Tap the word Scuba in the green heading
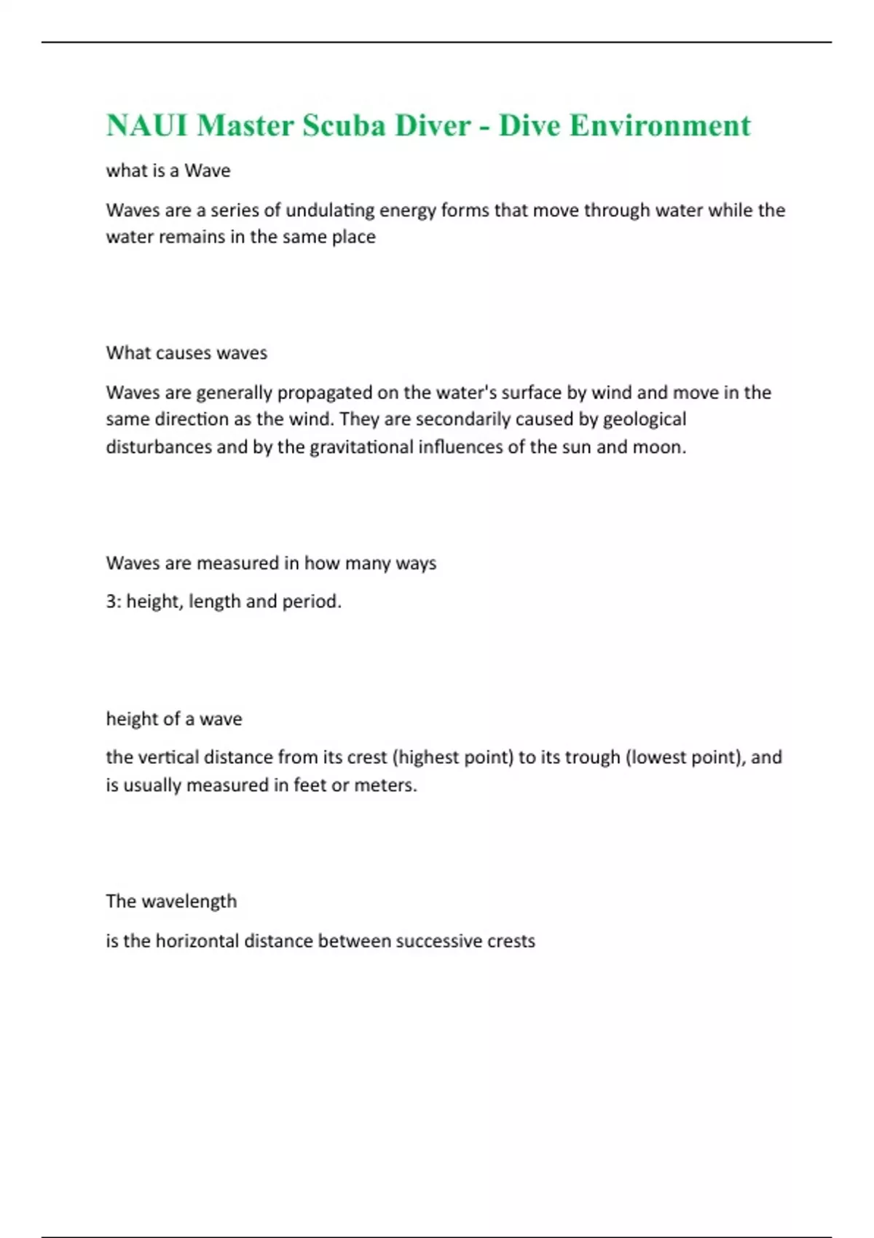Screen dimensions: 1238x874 click(x=344, y=125)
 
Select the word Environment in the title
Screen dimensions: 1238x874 click(x=660, y=125)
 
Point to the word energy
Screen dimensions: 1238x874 click(x=408, y=210)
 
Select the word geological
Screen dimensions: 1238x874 click(x=645, y=419)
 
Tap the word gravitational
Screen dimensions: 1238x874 click(x=361, y=446)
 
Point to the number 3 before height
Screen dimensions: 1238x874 click(x=111, y=602)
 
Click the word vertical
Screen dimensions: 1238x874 click(x=166, y=757)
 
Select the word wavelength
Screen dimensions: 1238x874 click(x=189, y=902)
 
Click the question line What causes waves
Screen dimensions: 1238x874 click(x=186, y=353)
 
